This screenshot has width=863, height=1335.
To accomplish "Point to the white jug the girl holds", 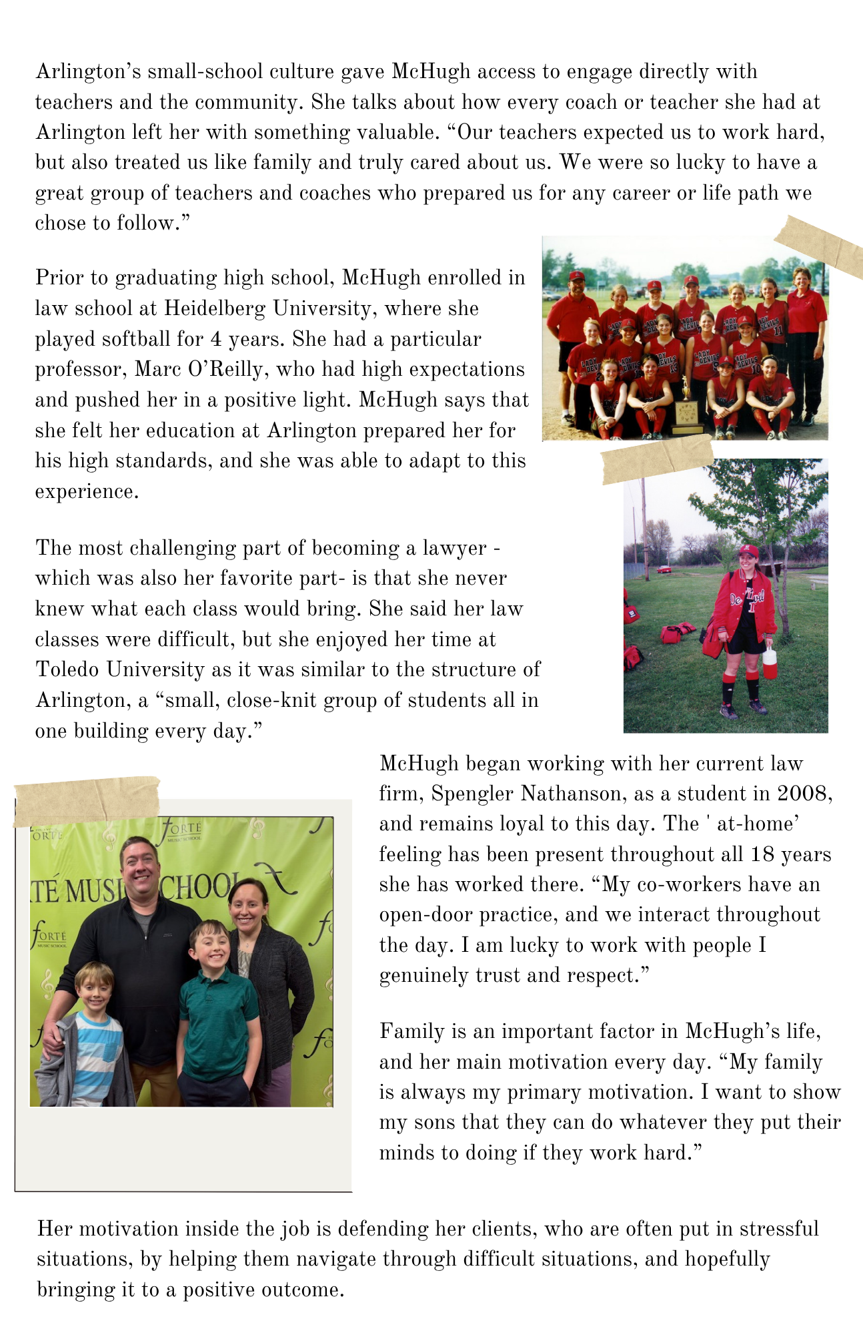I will pos(770,661).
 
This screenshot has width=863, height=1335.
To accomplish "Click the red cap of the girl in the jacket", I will pos(748,551).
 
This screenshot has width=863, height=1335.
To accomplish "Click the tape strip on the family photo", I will pos(87,801).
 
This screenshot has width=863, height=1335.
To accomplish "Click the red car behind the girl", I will pos(664,569).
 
